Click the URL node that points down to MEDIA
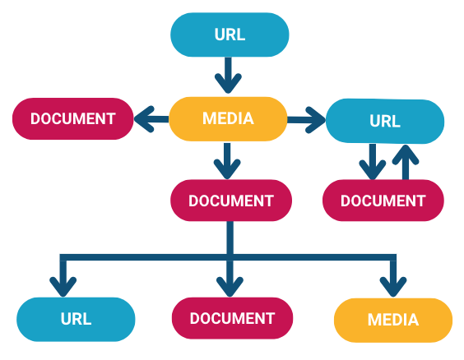[230, 35]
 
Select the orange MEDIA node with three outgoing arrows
[228, 119]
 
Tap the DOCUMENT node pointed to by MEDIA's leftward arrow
[72, 118]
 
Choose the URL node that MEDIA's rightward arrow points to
[385, 121]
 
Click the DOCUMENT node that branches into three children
[231, 201]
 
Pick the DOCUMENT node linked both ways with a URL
[383, 201]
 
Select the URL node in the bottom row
[76, 319]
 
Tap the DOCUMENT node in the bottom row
[233, 318]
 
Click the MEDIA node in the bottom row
[393, 320]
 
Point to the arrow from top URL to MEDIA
[228, 75]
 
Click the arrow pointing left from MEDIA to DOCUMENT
[151, 119]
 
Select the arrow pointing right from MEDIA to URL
[307, 120]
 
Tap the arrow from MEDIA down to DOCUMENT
[227, 161]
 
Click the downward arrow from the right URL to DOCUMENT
[373, 162]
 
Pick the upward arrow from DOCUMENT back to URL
[406, 162]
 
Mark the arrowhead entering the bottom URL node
[63, 287]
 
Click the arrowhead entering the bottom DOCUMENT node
[230, 287]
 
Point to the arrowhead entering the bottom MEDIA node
[393, 287]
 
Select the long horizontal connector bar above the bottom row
[228, 257]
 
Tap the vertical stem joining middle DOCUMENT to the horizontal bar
[230, 238]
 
